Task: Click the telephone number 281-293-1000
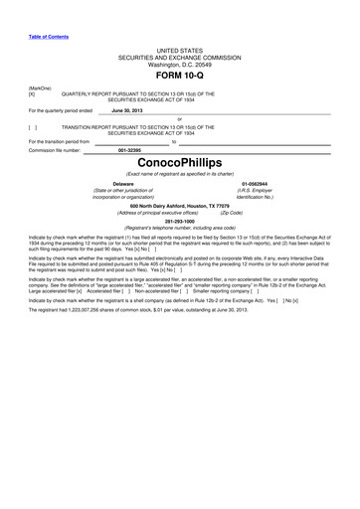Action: click(x=179, y=220)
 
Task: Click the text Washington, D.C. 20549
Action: click(x=179, y=64)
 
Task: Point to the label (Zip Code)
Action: click(x=231, y=212)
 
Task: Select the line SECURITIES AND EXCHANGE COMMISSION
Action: click(x=179, y=57)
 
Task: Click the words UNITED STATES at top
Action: click(x=179, y=49)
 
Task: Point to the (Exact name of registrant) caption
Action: click(x=179, y=173)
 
